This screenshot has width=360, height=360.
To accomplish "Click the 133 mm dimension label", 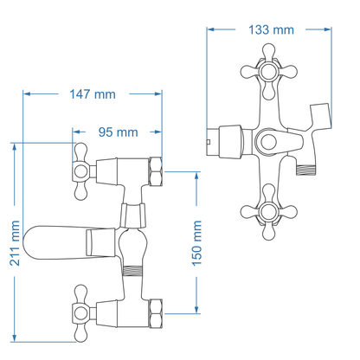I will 271,29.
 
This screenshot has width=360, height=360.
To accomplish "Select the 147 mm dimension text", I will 91,93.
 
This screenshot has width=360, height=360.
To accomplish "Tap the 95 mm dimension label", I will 118,132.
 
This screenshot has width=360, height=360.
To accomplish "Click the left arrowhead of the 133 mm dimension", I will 210,29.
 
